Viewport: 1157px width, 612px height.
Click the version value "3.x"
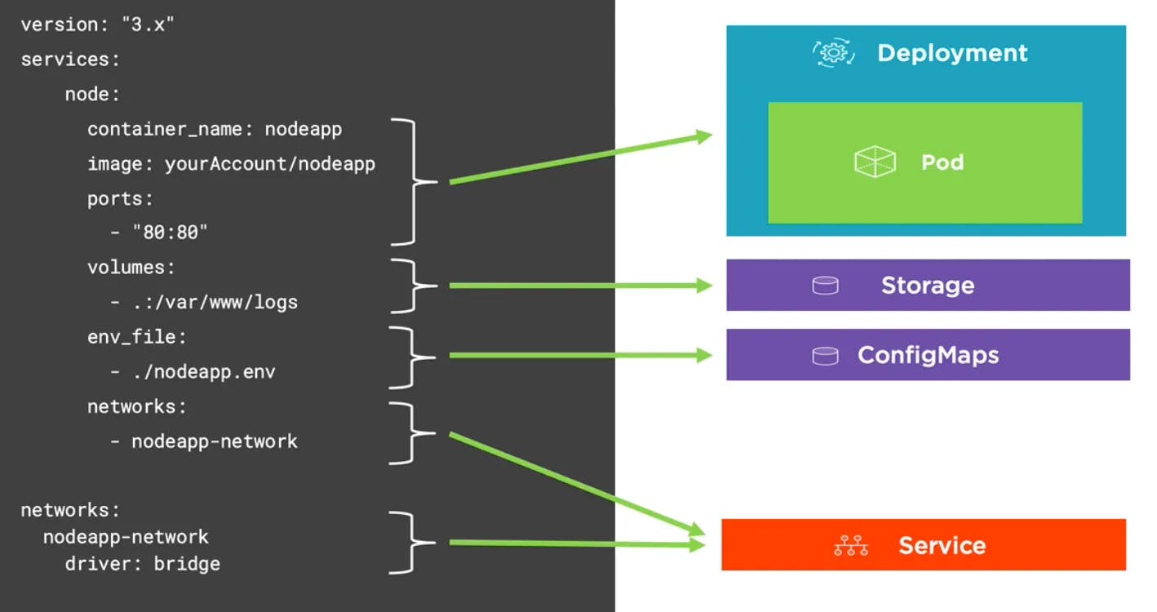point(148,24)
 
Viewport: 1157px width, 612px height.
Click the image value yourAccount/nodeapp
point(269,163)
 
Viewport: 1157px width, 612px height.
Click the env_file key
point(137,337)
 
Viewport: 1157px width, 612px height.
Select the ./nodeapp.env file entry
point(203,372)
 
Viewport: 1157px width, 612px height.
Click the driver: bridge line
point(143,564)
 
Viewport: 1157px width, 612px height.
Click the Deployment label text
point(952,53)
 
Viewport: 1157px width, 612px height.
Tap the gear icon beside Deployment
point(833,53)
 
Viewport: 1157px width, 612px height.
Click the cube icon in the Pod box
point(875,162)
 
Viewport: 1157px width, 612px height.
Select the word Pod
point(942,162)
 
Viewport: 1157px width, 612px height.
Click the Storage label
point(928,286)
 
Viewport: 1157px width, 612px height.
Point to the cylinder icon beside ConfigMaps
point(825,356)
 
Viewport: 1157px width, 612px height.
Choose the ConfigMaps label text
point(928,356)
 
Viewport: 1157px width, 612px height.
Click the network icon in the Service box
point(851,546)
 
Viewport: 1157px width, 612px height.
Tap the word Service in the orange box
point(942,546)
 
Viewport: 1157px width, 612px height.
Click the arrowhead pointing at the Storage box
point(704,286)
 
